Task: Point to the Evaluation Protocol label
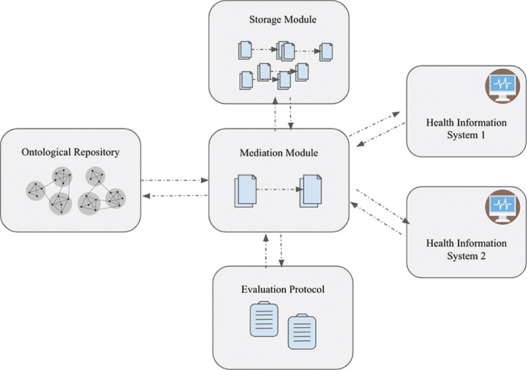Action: coord(282,289)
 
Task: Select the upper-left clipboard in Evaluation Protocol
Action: coord(263,319)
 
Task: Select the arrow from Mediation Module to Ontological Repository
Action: coord(174,195)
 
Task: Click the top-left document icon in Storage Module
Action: coord(244,49)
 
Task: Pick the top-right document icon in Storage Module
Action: coord(325,52)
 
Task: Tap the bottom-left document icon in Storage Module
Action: coord(244,81)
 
